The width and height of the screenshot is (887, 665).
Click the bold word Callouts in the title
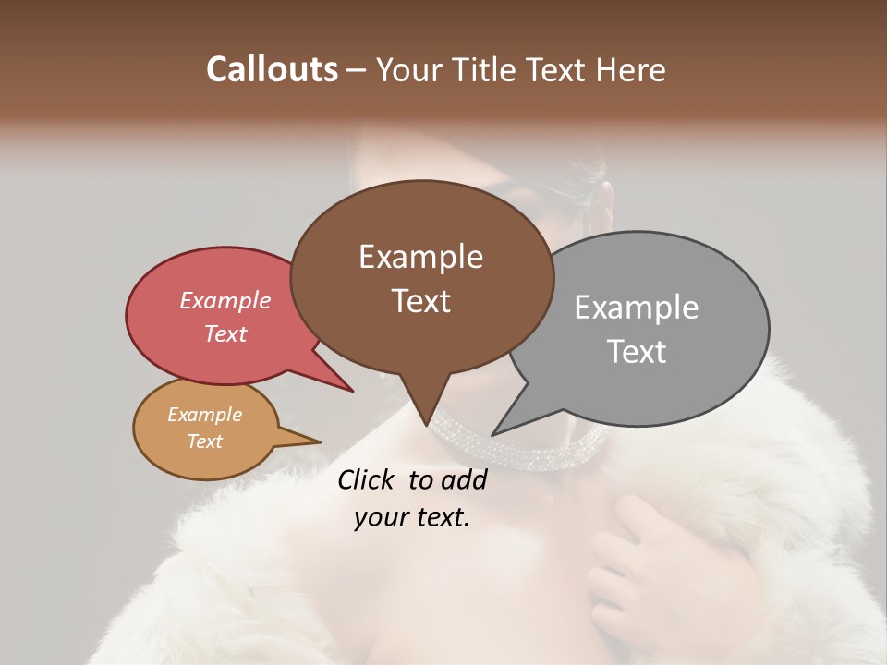point(272,69)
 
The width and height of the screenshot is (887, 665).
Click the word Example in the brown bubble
point(420,257)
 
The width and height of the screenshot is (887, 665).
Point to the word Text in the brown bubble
point(420,301)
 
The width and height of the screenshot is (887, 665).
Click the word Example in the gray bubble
point(637,308)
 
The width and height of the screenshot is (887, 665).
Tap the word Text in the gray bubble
point(637,352)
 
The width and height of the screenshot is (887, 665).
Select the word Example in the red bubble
point(225,300)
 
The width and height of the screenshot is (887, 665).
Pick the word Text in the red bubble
point(225,333)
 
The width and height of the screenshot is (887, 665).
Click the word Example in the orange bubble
point(205,415)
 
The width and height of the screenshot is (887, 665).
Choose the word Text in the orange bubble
point(205,441)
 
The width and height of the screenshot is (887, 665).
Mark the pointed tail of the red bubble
point(346,387)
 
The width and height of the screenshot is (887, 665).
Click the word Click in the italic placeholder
point(368,479)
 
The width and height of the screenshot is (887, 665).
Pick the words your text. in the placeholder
point(412,517)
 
